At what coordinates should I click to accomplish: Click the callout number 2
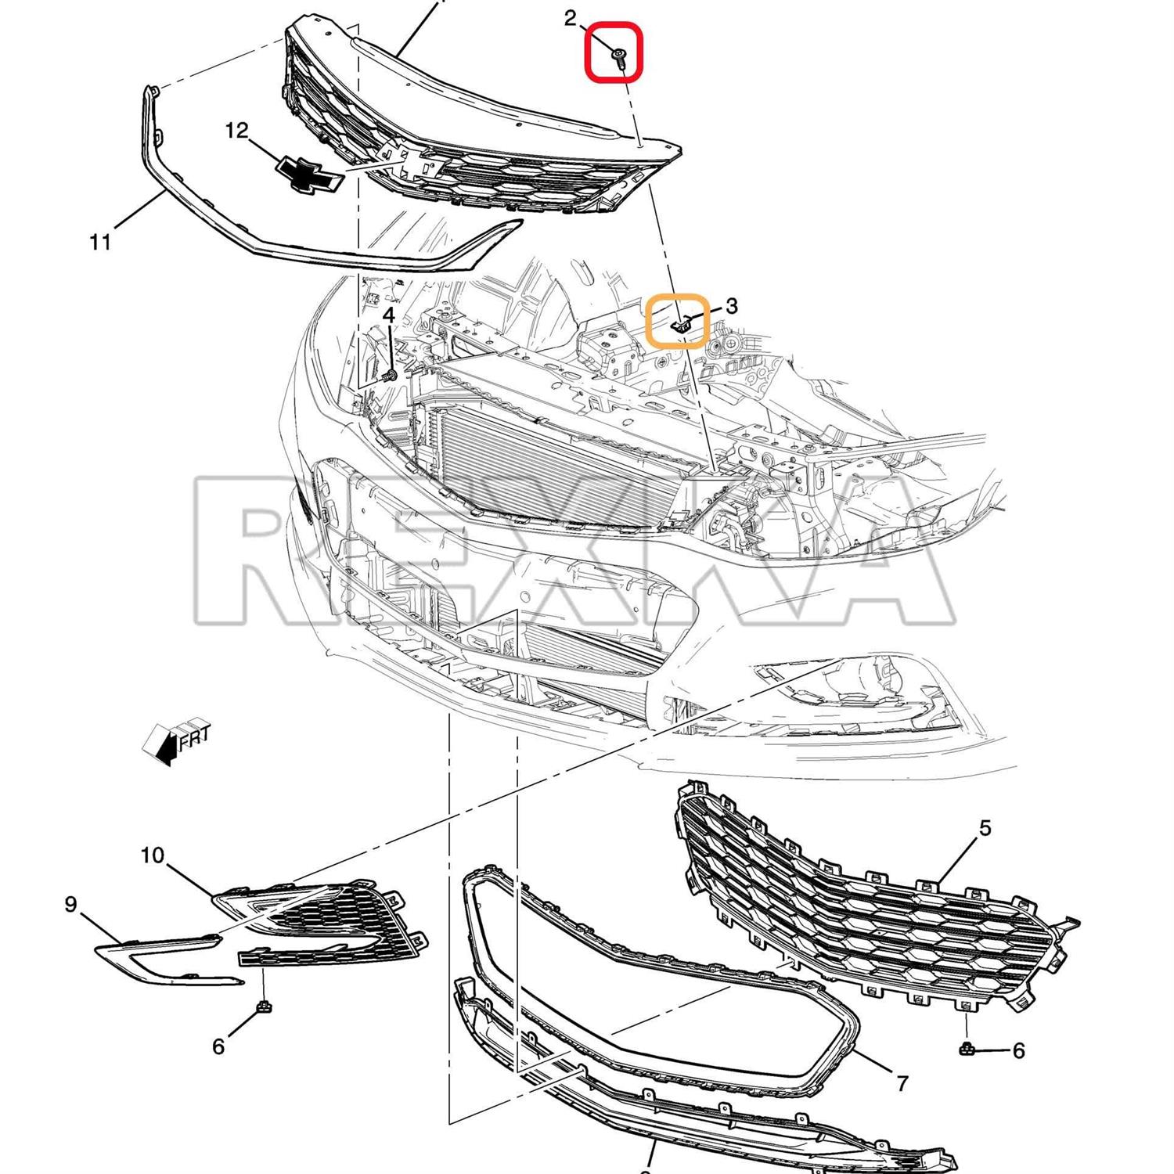(571, 18)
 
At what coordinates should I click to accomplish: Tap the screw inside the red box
(620, 58)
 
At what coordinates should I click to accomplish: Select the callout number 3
(731, 306)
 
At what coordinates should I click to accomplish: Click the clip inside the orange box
(682, 322)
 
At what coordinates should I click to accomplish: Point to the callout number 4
(389, 315)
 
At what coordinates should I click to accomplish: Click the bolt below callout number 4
(391, 376)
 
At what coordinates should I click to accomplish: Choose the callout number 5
(985, 827)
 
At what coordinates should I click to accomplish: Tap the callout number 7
(902, 1083)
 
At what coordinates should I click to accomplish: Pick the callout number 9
(70, 905)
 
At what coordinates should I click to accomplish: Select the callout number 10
(153, 855)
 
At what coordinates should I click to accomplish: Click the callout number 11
(100, 243)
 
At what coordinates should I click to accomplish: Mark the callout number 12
(236, 131)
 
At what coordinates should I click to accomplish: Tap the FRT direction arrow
(177, 740)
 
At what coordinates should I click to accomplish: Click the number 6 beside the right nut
(1018, 1050)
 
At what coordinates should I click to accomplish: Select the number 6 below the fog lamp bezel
(218, 1046)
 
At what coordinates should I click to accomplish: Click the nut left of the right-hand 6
(967, 1049)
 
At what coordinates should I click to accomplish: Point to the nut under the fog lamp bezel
(265, 1006)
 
